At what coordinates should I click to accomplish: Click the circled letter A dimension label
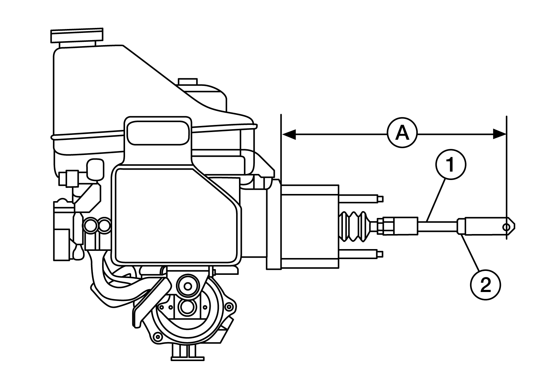402,133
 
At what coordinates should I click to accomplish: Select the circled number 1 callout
450,165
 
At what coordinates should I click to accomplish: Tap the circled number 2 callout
485,285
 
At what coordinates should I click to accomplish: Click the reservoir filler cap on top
77,36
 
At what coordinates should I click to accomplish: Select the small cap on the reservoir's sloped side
188,82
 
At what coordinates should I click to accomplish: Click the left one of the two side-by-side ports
91,225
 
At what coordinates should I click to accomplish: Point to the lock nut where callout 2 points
461,227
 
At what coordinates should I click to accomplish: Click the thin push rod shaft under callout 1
437,226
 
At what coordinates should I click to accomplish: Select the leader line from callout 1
436,200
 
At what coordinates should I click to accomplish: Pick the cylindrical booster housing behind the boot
310,227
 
